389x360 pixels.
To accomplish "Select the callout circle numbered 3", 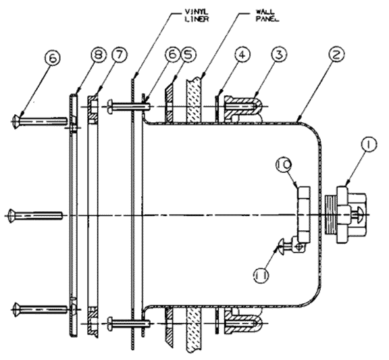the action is click(x=280, y=55).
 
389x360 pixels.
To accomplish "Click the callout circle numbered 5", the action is click(x=187, y=55).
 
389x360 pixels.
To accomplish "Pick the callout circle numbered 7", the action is click(x=119, y=55).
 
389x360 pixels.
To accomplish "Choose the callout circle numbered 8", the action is click(x=98, y=55).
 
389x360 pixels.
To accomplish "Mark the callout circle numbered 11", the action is click(x=261, y=275).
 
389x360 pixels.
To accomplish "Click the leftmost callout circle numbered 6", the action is click(x=53, y=59).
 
